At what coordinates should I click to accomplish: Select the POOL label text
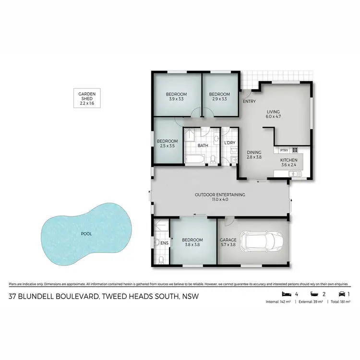click(x=86, y=234)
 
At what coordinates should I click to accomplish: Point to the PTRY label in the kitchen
click(x=284, y=149)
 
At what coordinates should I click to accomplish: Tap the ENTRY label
click(x=249, y=102)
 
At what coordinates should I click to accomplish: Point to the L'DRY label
click(x=230, y=143)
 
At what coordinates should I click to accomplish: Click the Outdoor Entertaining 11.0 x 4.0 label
click(x=220, y=197)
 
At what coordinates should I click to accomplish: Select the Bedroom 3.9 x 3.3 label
click(x=176, y=96)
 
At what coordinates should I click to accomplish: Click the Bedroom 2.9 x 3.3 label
click(x=221, y=96)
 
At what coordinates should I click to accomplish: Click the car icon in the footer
click(x=342, y=294)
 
